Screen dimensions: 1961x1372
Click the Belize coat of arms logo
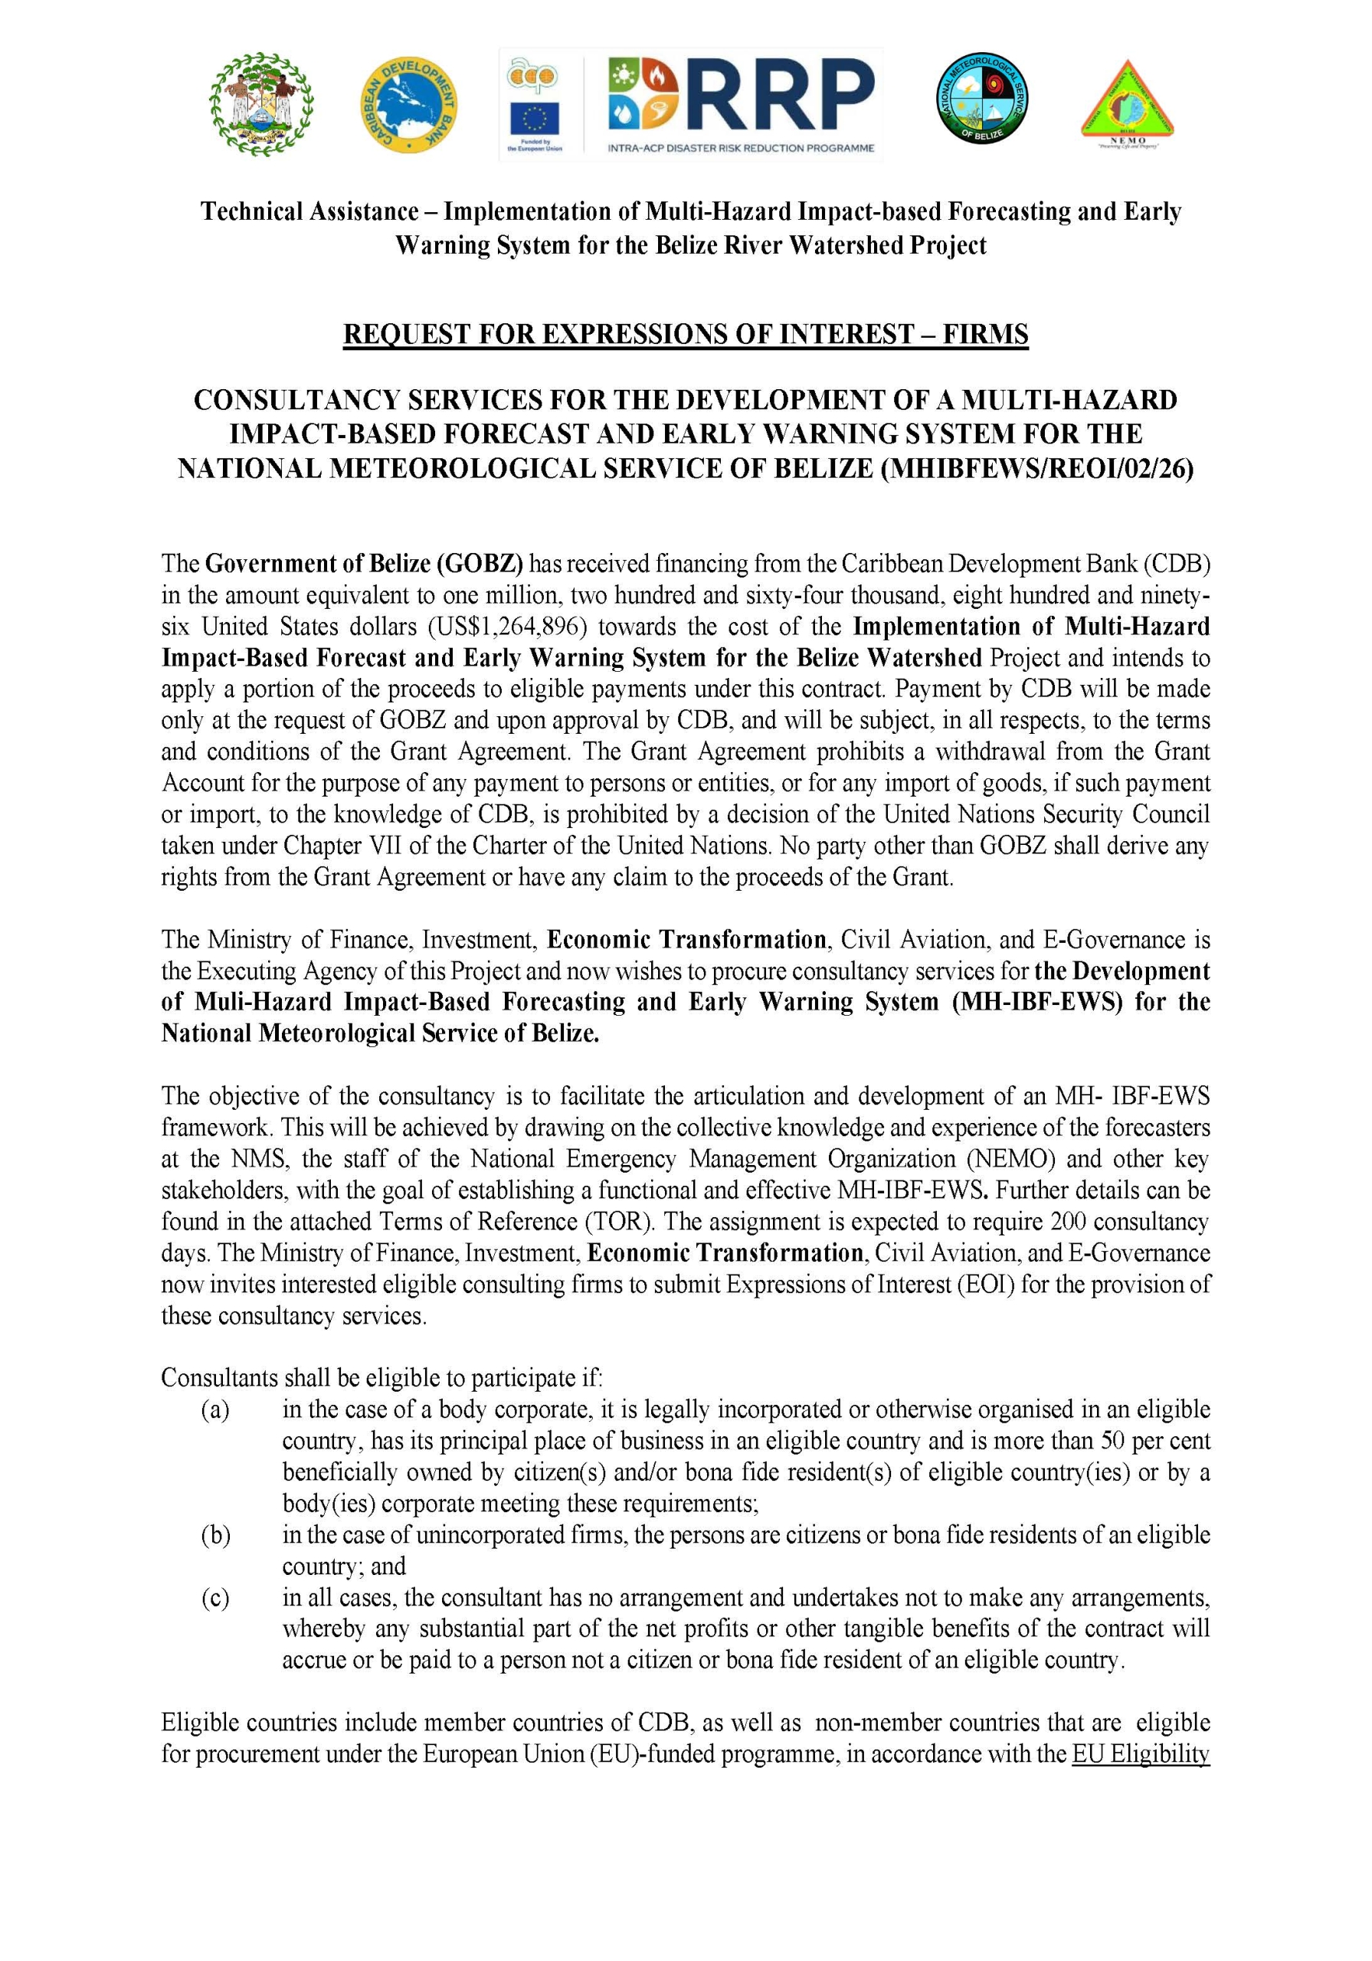(260, 104)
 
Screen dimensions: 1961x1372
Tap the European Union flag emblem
(534, 119)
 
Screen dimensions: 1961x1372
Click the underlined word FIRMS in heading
(986, 334)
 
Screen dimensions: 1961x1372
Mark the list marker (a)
(215, 1409)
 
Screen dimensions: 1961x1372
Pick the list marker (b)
(215, 1535)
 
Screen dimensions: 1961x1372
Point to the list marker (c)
(215, 1597)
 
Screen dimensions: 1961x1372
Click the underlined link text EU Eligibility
(1140, 1753)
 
